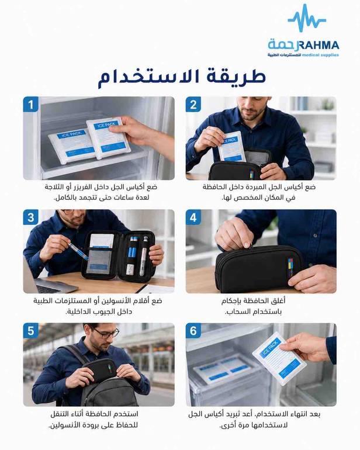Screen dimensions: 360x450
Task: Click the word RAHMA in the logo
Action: coord(319,45)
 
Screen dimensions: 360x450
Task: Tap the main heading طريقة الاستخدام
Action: coord(182,77)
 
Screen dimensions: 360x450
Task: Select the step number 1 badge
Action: coord(31,104)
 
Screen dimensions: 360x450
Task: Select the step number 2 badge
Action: coord(193,104)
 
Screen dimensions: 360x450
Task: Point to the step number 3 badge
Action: coord(31,217)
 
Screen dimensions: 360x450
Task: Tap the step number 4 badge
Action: coord(193,217)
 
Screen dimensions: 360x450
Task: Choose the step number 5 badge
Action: coord(31,331)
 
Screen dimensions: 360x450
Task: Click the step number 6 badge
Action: coord(193,331)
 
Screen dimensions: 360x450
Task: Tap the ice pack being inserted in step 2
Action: coord(231,147)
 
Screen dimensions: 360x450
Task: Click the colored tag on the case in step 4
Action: coord(291,267)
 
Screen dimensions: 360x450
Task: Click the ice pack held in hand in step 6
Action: coord(279,359)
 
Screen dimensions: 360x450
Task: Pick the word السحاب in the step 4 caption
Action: coord(238,312)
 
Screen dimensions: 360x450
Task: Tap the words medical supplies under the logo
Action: coord(321,55)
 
